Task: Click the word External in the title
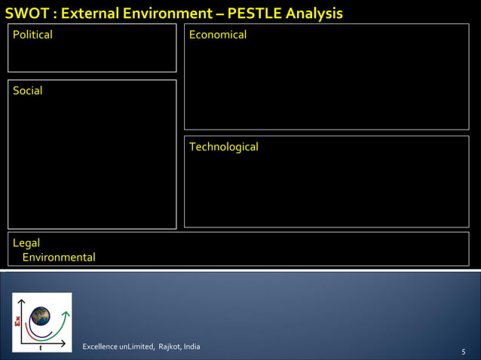(x=92, y=14)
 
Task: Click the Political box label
(x=32, y=35)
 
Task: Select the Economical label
(x=217, y=35)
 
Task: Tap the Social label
(x=27, y=90)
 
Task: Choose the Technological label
(x=223, y=147)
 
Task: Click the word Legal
(x=26, y=243)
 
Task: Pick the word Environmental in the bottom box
(x=59, y=258)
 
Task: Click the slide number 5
(x=463, y=352)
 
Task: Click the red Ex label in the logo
(x=18, y=325)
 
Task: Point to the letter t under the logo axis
(x=40, y=348)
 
